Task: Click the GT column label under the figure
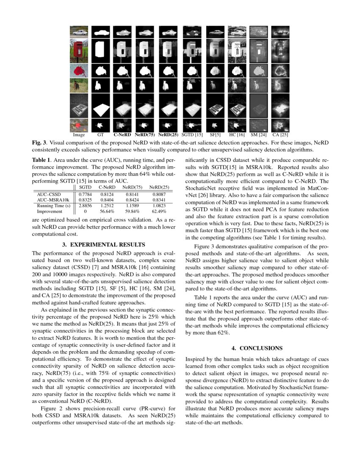(x=100, y=135)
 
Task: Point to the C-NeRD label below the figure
(x=122, y=135)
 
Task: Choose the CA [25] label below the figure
(x=280, y=135)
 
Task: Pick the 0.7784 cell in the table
(x=85, y=194)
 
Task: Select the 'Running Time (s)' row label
(x=53, y=205)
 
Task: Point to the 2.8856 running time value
(x=85, y=205)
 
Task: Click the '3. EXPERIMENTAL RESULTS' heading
(x=103, y=244)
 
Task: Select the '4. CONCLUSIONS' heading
(x=257, y=348)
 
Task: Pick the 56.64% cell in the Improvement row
(x=108, y=211)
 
